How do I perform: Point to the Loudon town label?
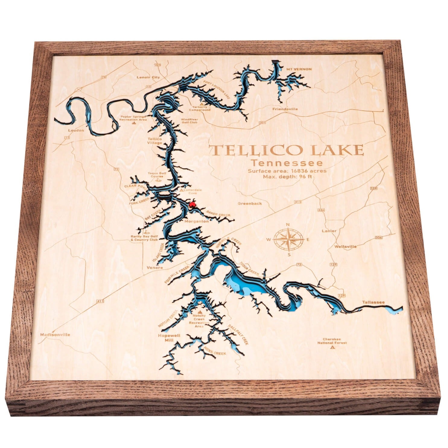click(x=76, y=131)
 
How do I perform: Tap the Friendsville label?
click(x=285, y=109)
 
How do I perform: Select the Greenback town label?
click(x=250, y=203)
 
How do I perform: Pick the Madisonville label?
click(x=55, y=335)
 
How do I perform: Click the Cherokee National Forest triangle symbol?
click(x=333, y=348)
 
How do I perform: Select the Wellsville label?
click(x=345, y=246)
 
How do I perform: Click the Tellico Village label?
click(x=155, y=141)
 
